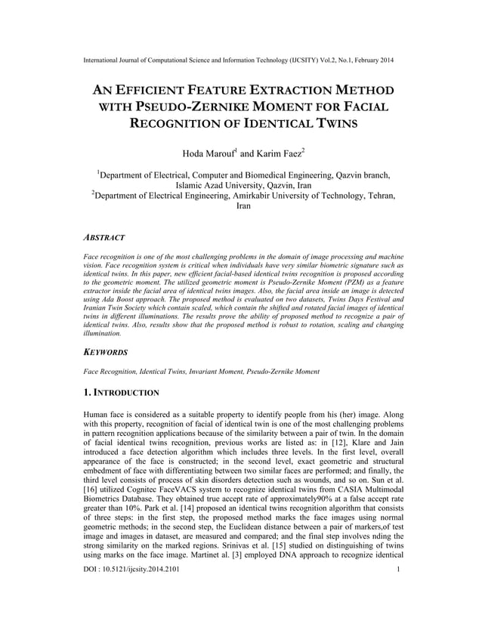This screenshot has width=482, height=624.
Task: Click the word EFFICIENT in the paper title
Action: pyautogui.click(x=158, y=91)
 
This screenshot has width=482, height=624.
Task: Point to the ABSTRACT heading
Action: pyautogui.click(x=104, y=236)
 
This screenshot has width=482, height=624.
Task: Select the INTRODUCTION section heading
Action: pyautogui.click(x=125, y=393)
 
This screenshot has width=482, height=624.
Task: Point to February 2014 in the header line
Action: pyautogui.click(x=369, y=60)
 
